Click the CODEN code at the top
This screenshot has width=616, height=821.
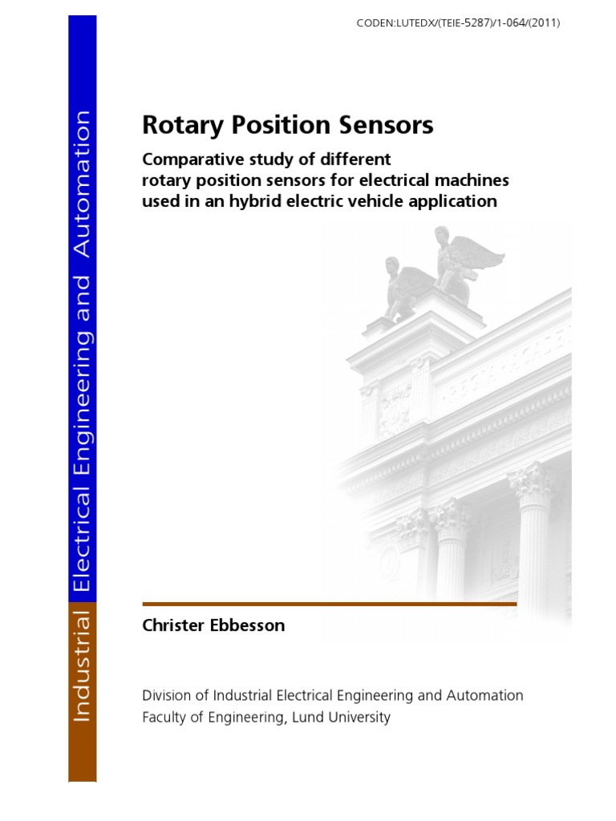pos(458,23)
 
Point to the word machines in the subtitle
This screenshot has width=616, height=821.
pos(472,180)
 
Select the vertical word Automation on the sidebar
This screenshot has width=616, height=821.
pos(82,184)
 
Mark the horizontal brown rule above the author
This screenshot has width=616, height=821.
pos(329,603)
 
